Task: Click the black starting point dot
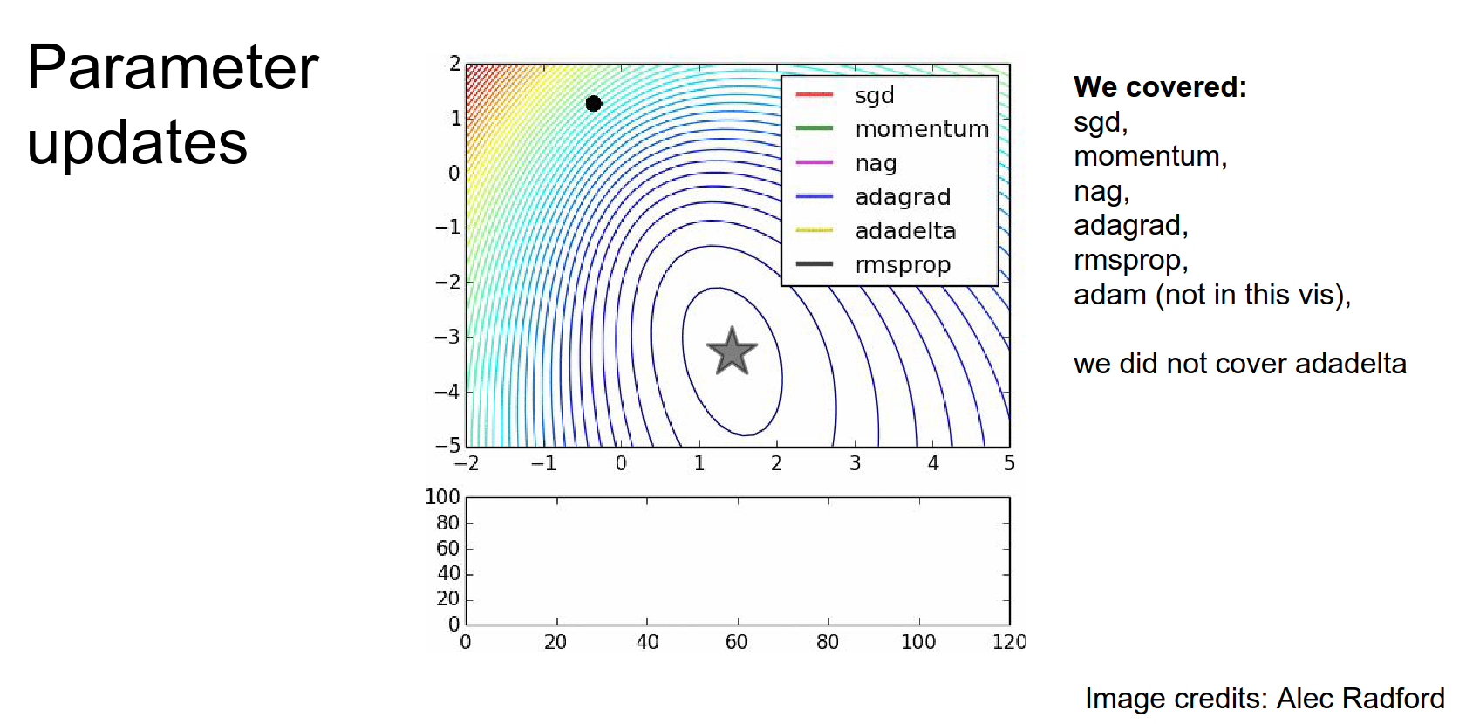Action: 594,104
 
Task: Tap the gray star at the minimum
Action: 732,352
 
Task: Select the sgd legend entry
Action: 875,95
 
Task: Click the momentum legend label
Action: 922,129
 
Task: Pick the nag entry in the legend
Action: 876,163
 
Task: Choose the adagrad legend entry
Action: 903,197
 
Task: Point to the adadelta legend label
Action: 905,231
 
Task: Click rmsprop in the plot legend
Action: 903,265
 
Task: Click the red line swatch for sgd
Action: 815,94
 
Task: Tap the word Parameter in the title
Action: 173,67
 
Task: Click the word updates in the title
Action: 137,142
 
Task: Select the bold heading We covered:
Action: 1160,87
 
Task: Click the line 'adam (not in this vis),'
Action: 1212,295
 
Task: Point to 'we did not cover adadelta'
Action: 1239,364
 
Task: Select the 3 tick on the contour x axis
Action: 855,463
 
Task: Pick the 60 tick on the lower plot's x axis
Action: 737,642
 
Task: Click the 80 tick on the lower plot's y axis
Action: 447,523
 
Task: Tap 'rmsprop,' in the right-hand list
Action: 1130,260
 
